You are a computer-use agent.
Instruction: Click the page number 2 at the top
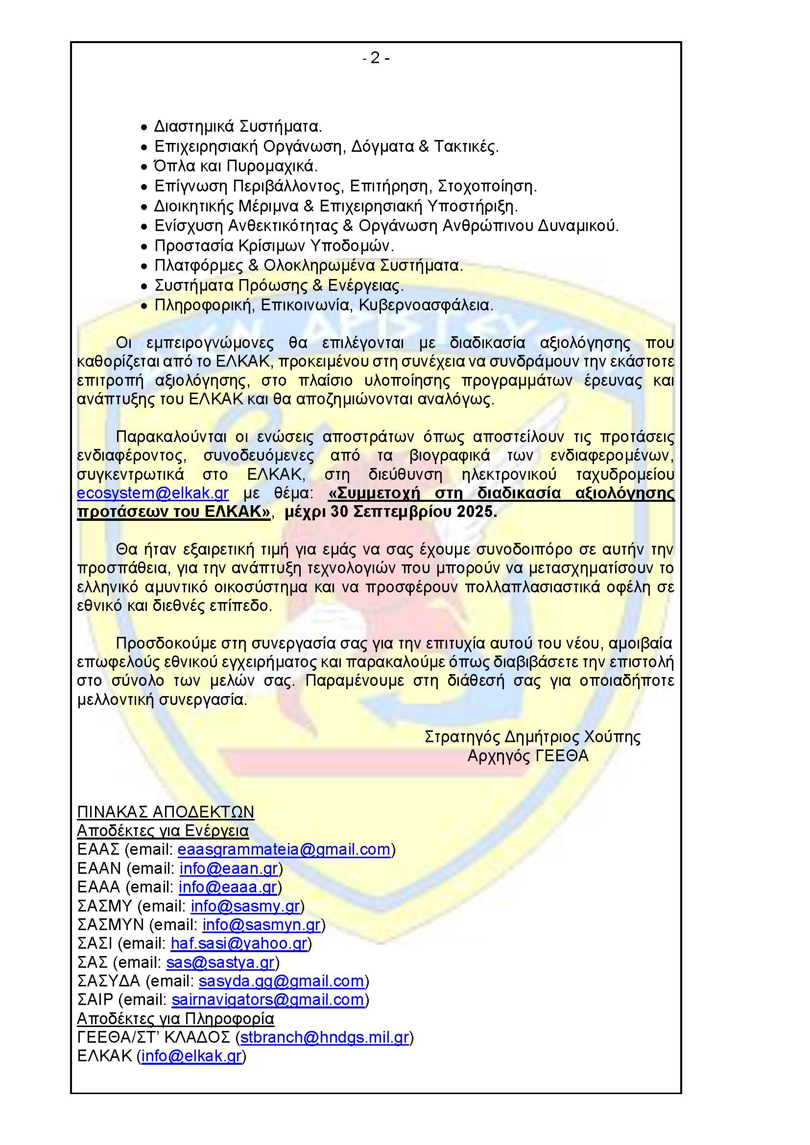[376, 58]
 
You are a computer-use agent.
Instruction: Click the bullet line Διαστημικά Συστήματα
[238, 126]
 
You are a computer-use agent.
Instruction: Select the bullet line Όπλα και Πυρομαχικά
[236, 166]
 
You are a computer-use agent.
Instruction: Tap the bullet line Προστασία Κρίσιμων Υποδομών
[274, 246]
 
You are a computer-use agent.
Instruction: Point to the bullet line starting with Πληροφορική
[323, 305]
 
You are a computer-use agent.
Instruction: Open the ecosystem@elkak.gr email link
[153, 493]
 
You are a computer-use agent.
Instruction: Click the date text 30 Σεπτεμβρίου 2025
[413, 512]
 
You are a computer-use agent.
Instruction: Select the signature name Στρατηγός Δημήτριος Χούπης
[532, 737]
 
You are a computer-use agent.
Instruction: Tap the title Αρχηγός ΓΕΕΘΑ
[528, 756]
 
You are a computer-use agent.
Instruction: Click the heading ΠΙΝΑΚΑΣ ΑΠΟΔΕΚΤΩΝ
[166, 812]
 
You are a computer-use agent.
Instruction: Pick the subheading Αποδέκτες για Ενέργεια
[163, 831]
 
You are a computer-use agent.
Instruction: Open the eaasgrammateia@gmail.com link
[284, 850]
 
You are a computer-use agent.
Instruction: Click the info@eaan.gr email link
[228, 869]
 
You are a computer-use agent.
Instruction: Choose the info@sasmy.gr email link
[245, 906]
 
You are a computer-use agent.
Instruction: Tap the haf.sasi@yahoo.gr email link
[239, 943]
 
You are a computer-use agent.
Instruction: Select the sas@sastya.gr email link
[220, 962]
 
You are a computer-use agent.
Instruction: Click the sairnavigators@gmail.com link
[268, 1000]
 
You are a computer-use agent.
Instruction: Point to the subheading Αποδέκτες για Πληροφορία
[176, 1019]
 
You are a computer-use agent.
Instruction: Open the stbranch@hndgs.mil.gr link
[325, 1038]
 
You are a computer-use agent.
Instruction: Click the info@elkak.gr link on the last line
[191, 1056]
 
